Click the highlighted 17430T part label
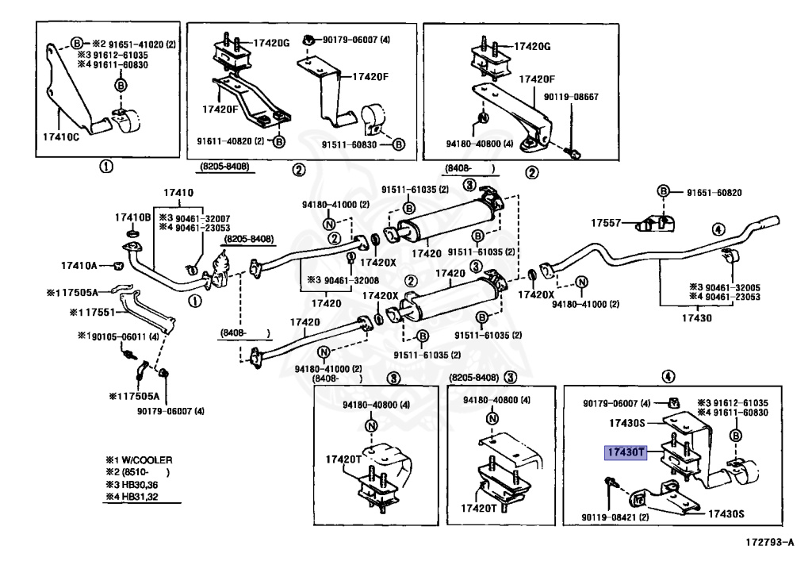(x=626, y=452)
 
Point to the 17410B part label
(x=132, y=217)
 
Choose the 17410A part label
(x=79, y=264)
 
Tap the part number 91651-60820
(x=714, y=192)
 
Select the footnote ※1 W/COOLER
(x=139, y=459)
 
